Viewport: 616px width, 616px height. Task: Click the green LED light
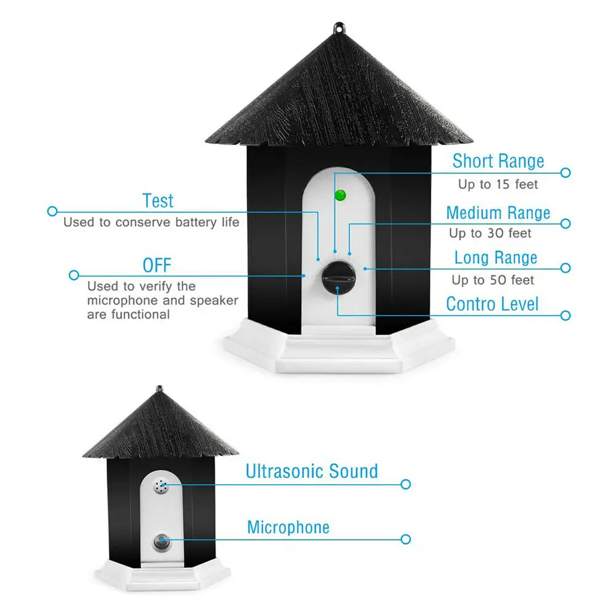coord(339,196)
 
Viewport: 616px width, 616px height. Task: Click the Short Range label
coord(498,161)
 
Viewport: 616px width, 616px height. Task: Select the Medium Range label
coord(498,213)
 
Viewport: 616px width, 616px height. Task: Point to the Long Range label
coord(495,257)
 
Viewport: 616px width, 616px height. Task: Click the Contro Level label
coord(492,304)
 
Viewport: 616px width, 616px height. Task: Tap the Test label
coord(158,201)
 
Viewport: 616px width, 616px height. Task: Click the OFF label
coord(156,266)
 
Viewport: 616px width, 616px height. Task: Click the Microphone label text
coord(288,527)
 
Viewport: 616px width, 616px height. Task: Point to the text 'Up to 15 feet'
coord(498,184)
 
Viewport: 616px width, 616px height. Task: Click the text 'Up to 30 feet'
coord(490,233)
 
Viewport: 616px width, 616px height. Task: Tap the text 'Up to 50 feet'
coord(492,280)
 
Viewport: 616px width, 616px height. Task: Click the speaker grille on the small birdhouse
coord(162,487)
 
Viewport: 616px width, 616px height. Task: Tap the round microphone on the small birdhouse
coord(162,541)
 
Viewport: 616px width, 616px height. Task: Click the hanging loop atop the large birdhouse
coord(338,28)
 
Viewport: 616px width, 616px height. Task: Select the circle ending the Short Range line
coord(565,173)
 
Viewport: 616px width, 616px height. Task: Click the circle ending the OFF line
coord(74,275)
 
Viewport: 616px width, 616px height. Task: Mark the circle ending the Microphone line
coord(405,539)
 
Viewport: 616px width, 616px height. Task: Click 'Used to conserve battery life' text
coord(151,222)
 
